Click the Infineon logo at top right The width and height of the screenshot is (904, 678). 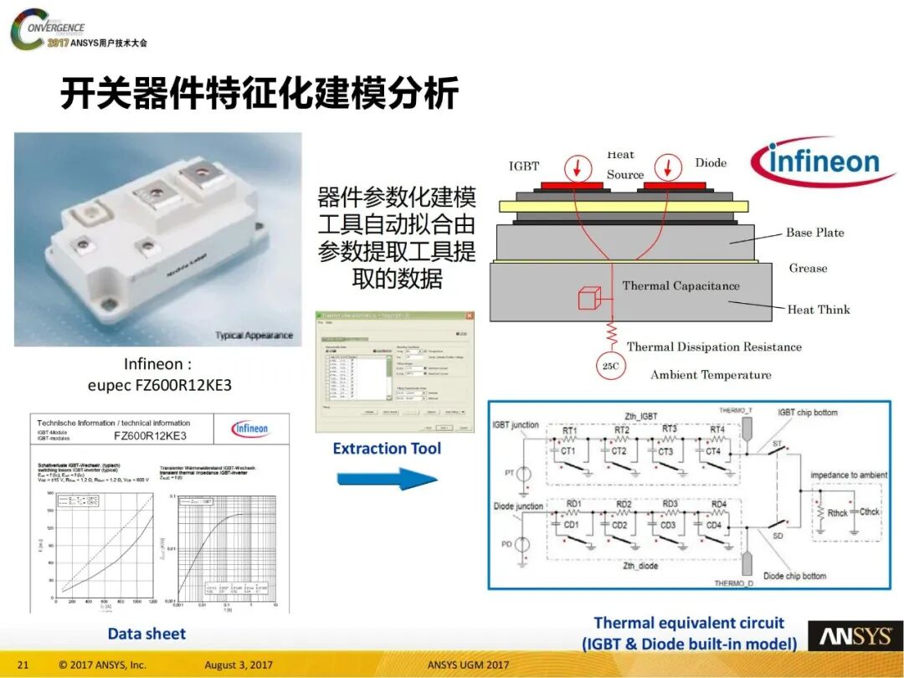tap(824, 162)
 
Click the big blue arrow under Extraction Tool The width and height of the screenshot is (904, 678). tap(387, 480)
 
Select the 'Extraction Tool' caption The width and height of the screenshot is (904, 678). tap(387, 449)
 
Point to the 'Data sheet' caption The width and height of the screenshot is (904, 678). tap(146, 634)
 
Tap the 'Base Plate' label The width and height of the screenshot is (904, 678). tap(814, 233)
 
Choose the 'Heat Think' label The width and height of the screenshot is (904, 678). tap(818, 310)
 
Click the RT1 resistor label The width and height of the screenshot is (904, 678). tap(570, 431)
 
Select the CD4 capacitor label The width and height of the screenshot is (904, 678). tap(713, 525)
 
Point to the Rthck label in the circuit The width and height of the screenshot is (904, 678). tap(837, 512)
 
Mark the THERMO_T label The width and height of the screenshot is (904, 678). tap(737, 410)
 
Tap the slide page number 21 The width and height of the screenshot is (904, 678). tap(23, 665)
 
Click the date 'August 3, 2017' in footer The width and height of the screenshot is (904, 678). tap(239, 665)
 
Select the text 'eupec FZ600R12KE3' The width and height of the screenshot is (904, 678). tap(159, 386)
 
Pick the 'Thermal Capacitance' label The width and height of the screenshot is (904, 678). tap(681, 285)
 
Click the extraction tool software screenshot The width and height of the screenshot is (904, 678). tap(392, 371)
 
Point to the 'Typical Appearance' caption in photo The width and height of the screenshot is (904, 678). tap(254, 336)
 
